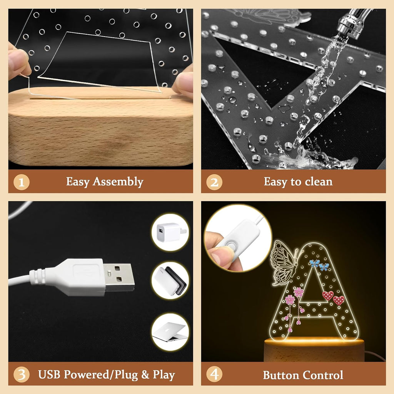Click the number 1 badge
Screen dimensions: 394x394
tap(22, 182)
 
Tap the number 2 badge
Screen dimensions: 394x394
tap(214, 182)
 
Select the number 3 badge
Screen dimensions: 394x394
tap(22, 374)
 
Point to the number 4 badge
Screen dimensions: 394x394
tap(214, 374)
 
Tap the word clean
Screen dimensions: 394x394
tap(319, 182)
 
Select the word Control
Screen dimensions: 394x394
tap(323, 375)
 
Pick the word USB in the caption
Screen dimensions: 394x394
tap(49, 374)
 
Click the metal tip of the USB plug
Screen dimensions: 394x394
tap(119, 277)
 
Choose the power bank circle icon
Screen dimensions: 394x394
tap(170, 280)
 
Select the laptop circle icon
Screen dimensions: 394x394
tap(170, 332)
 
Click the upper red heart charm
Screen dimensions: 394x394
tap(328, 295)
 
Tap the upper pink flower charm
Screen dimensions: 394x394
tap(299, 292)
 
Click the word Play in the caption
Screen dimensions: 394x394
tap(164, 375)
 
